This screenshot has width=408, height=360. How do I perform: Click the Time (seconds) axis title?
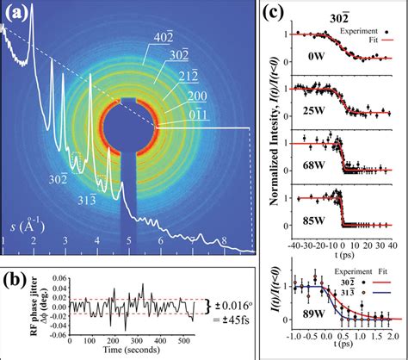(x=121, y=353)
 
